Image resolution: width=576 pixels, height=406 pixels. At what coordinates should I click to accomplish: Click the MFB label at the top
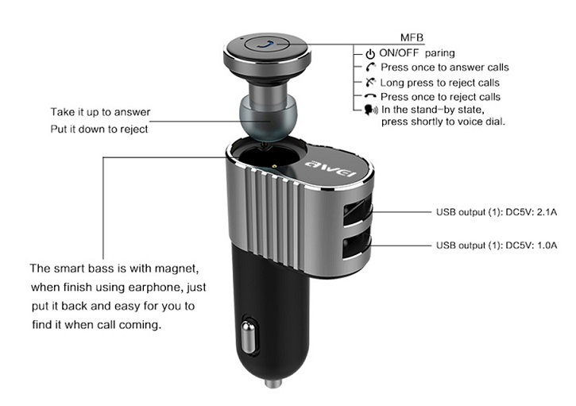coord(412,37)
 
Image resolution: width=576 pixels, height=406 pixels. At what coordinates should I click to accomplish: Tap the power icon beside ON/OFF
coord(370,54)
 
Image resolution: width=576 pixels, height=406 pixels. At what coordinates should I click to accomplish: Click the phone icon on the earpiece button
coord(267,44)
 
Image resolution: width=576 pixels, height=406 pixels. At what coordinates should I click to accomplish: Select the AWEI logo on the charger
coord(331,168)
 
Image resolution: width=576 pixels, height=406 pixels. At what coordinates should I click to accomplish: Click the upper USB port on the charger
coord(357,213)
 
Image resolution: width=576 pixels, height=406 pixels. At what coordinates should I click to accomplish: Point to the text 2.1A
coord(547,212)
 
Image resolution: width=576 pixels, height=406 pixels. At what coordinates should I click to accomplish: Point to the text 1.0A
coord(547,245)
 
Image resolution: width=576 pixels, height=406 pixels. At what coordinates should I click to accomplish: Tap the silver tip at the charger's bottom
coord(273,384)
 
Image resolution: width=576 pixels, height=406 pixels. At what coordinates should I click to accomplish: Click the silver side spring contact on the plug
coord(248,337)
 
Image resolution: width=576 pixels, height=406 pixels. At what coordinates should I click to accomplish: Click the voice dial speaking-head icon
coord(371,110)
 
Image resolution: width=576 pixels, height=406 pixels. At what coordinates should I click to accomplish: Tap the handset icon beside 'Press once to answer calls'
coord(371,68)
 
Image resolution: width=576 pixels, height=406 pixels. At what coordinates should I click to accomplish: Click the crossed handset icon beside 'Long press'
coord(370,83)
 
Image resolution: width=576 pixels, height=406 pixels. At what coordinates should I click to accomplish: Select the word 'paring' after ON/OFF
coord(439,54)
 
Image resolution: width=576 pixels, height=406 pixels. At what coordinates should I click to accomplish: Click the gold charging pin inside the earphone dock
coord(274,166)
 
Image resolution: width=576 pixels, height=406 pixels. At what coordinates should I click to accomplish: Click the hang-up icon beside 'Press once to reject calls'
coord(370,96)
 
